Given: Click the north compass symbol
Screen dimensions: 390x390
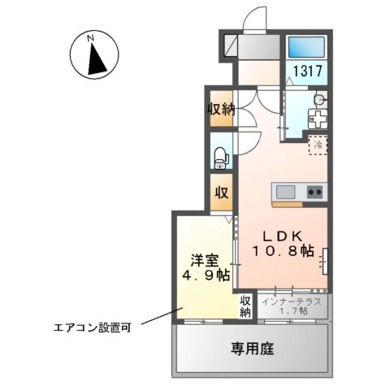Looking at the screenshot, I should click(95, 57).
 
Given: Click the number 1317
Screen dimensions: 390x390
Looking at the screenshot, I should click(307, 71).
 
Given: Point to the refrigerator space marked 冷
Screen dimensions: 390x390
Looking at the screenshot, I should click(318, 144).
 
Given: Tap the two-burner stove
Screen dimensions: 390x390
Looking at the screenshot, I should click(314, 192).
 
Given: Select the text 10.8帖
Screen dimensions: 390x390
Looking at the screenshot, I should click(282, 251).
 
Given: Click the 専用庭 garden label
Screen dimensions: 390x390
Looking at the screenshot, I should click(253, 349).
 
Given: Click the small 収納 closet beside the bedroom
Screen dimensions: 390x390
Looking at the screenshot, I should click(245, 306).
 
